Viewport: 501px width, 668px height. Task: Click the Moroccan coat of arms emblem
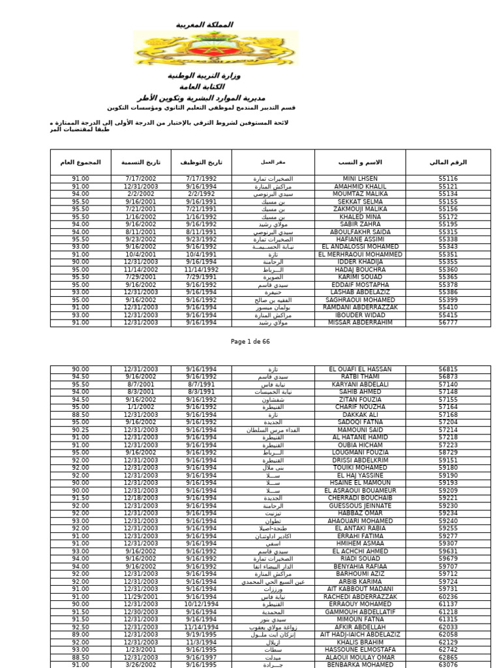click(x=215, y=49)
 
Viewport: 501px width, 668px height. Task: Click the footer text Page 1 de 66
click(x=250, y=341)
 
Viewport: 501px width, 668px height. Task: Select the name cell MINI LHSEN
click(x=359, y=178)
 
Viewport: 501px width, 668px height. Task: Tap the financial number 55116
click(x=448, y=178)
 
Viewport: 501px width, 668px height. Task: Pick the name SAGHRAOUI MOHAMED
click(x=359, y=300)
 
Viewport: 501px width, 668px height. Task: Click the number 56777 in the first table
click(x=448, y=322)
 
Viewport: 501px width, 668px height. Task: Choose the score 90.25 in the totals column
click(x=81, y=430)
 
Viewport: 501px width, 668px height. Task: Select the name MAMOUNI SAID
click(x=359, y=430)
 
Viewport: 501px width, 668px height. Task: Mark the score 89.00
click(x=81, y=634)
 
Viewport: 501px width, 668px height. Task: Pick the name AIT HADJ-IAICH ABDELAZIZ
click(x=359, y=634)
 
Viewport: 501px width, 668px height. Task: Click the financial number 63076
click(x=448, y=664)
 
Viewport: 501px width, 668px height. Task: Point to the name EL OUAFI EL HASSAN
click(x=359, y=369)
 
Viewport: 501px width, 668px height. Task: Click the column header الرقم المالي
click(x=448, y=162)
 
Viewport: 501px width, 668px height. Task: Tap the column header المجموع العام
click(x=81, y=162)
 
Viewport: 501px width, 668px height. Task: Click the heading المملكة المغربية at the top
click(x=204, y=25)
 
